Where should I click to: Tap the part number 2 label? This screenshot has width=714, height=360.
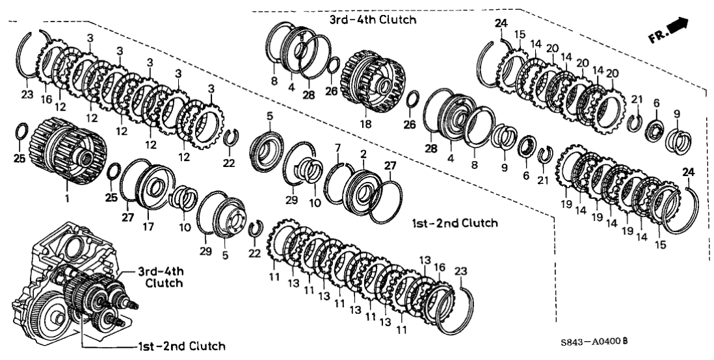pyautogui.click(x=363, y=154)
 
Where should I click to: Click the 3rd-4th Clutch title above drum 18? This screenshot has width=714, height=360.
pyautogui.click(x=372, y=20)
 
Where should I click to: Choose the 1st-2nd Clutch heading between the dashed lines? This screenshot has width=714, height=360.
pyautogui.click(x=455, y=224)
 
